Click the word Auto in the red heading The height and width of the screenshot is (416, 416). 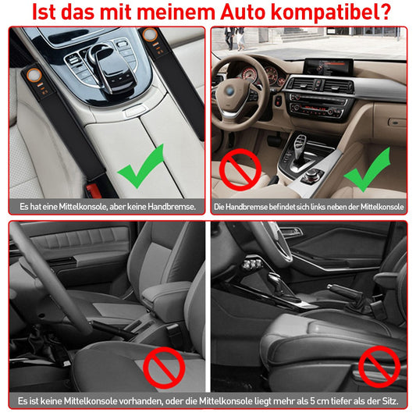pyautogui.click(x=243, y=12)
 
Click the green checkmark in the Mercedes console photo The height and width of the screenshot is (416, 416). pyautogui.click(x=140, y=166)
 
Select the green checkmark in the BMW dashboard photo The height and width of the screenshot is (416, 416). pyautogui.click(x=367, y=170)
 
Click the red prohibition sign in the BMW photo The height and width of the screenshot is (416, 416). pyautogui.click(x=240, y=169)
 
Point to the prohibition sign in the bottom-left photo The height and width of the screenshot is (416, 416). pyautogui.click(x=164, y=368)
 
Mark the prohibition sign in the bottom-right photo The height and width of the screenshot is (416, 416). pyautogui.click(x=379, y=367)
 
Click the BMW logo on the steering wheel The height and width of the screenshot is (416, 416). pyautogui.click(x=229, y=91)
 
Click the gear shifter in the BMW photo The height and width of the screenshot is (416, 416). pyautogui.click(x=300, y=148)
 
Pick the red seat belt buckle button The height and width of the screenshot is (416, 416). pyautogui.click(x=93, y=190)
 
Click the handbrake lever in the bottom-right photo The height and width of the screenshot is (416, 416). pyautogui.click(x=345, y=291)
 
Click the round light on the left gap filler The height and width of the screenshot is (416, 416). pyautogui.click(x=34, y=75)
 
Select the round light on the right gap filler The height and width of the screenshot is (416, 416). pyautogui.click(x=150, y=35)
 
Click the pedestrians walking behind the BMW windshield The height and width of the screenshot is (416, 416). pyautogui.click(x=234, y=38)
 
